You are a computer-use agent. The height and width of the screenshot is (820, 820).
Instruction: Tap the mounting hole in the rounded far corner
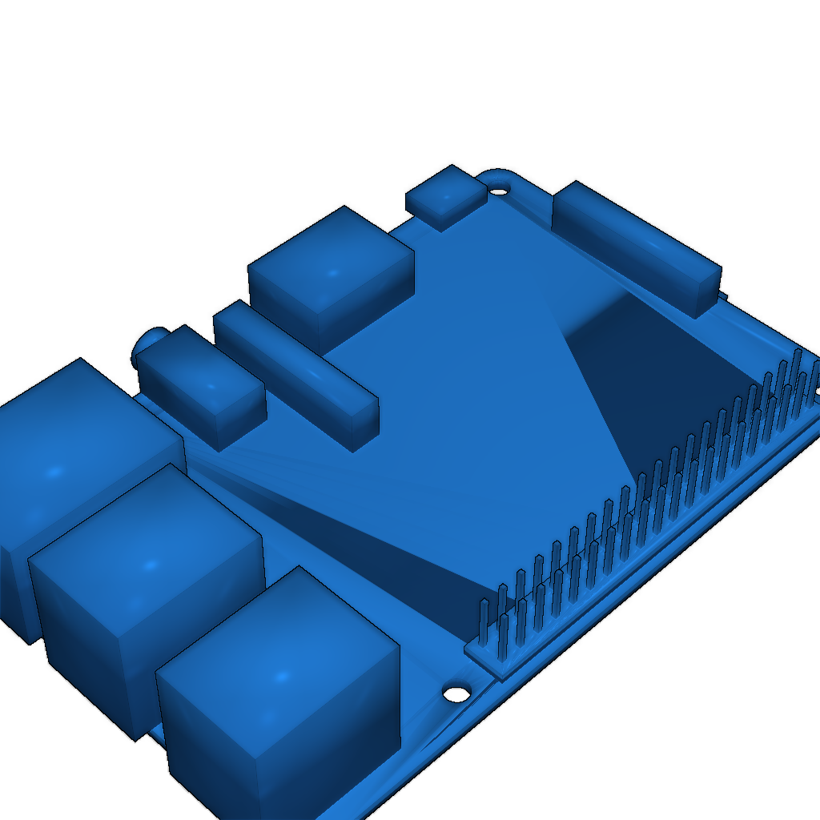[499, 191]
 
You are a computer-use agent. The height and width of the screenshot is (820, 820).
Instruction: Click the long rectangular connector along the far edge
[633, 240]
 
